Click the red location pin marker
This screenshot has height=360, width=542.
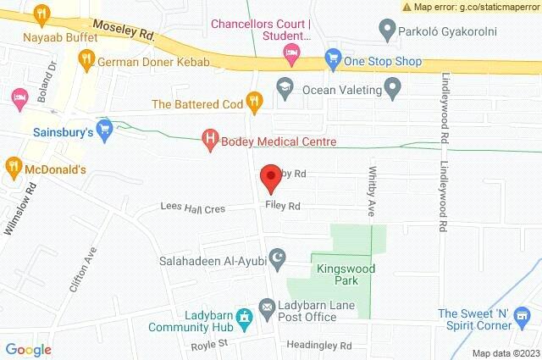click(270, 178)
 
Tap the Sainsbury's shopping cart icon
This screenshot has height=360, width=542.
click(104, 130)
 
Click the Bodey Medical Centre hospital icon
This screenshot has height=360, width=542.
click(209, 141)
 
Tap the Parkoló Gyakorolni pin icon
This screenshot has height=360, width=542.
click(388, 32)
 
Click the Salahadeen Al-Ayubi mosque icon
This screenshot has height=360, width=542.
click(276, 257)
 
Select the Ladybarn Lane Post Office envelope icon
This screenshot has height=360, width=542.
click(267, 305)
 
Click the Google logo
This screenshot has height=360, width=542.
click(28, 349)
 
